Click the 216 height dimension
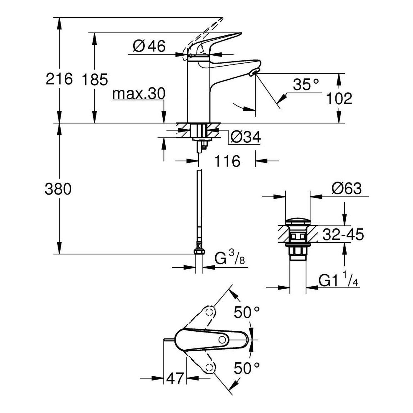click(x=59, y=79)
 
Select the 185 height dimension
click(x=94, y=80)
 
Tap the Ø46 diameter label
click(x=149, y=46)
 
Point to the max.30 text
click(x=139, y=94)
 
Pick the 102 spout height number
click(x=339, y=98)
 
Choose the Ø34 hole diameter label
click(x=246, y=137)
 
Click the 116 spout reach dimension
click(x=227, y=161)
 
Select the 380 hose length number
click(x=58, y=189)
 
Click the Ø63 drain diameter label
click(x=347, y=189)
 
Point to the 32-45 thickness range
click(x=343, y=235)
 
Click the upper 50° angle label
click(x=247, y=312)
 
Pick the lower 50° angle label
click(x=247, y=368)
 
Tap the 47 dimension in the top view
click(x=175, y=379)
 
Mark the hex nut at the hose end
click(x=199, y=252)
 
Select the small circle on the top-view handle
click(x=222, y=340)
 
